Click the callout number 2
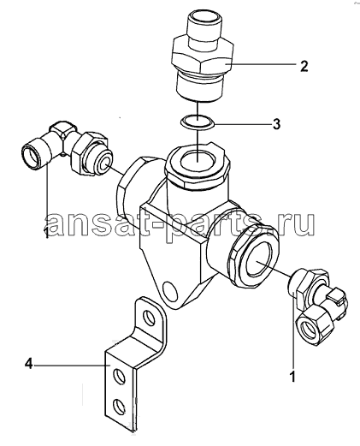(x=304, y=66)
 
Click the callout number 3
(x=276, y=124)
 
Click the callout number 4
(x=29, y=365)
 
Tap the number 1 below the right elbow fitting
(x=292, y=376)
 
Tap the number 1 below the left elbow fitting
(x=46, y=232)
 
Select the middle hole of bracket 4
(x=118, y=377)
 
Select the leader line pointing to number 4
(x=69, y=365)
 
